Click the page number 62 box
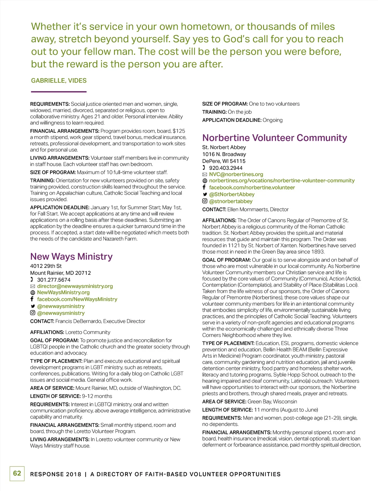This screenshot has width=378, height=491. [x=17, y=473]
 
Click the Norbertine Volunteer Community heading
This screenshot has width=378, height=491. [x=274, y=138]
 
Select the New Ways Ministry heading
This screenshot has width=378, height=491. [x=71, y=257]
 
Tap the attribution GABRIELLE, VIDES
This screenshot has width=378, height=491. [x=59, y=81]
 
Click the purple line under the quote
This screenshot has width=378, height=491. [x=59, y=92]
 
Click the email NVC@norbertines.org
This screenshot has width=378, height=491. [x=236, y=174]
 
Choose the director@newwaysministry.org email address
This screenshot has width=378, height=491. [x=75, y=286]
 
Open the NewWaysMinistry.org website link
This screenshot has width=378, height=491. [x=63, y=292]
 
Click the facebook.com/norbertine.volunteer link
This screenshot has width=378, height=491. [x=252, y=188]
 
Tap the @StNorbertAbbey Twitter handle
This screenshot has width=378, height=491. [x=232, y=194]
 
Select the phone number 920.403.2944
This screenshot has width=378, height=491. [x=226, y=168]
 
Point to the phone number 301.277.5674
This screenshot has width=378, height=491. [x=54, y=280]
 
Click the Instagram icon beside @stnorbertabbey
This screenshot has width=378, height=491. [x=205, y=201]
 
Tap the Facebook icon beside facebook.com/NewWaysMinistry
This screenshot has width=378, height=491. [x=32, y=299]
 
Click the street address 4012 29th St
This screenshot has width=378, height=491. [x=46, y=266]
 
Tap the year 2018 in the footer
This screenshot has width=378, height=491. [x=73, y=474]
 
